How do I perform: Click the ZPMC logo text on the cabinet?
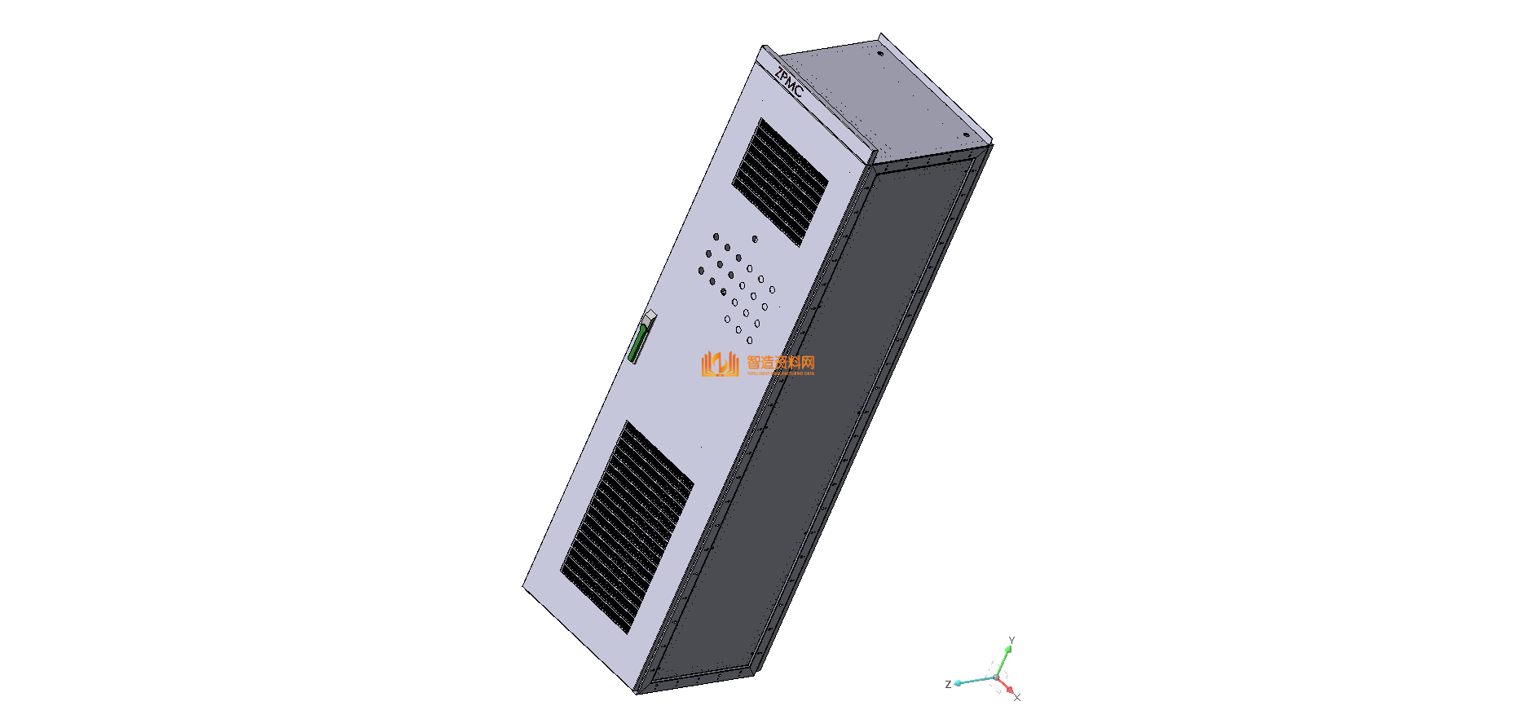789,82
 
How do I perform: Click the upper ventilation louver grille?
780,182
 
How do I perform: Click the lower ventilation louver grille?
628,527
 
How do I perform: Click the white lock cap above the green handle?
650,315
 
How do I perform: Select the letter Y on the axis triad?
1011,640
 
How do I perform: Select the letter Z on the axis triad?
948,684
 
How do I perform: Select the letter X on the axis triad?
1017,698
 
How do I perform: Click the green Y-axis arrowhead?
1008,649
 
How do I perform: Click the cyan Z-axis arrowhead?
959,682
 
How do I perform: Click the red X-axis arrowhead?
1010,690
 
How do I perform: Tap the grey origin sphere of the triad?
996,677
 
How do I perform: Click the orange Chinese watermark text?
781,362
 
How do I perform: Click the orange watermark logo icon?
719,364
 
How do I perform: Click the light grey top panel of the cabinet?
880,94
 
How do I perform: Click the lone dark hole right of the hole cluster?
755,239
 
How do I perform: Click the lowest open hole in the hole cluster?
749,340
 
